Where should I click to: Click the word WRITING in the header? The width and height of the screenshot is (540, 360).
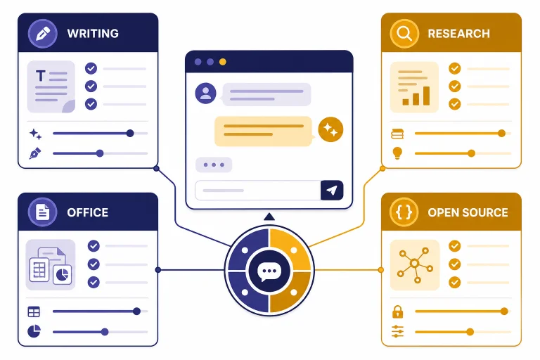pyautogui.click(x=93, y=34)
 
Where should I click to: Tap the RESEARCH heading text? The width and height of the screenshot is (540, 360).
pyautogui.click(x=458, y=34)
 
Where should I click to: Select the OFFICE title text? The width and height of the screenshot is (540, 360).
pyautogui.click(x=87, y=212)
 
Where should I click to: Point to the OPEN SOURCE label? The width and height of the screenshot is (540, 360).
pyautogui.click(x=468, y=212)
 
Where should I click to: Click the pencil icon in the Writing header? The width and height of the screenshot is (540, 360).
pyautogui.click(x=43, y=34)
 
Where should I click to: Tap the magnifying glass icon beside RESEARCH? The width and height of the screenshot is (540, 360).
pyautogui.click(x=404, y=34)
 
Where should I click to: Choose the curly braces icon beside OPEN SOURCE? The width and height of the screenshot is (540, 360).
pyautogui.click(x=404, y=212)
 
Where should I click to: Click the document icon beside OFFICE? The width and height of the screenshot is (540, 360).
pyautogui.click(x=43, y=212)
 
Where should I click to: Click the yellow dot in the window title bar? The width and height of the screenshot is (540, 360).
pyautogui.click(x=223, y=62)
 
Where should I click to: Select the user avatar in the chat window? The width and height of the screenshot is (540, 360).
pyautogui.click(x=205, y=93)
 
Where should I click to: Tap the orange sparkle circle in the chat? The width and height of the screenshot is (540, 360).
pyautogui.click(x=330, y=129)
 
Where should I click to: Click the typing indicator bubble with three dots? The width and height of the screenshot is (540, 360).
pyautogui.click(x=214, y=165)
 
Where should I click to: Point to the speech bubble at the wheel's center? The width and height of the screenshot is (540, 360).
pyautogui.click(x=269, y=271)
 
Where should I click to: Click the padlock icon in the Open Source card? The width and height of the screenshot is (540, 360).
pyautogui.click(x=397, y=311)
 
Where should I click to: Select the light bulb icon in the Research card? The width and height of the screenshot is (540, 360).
pyautogui.click(x=397, y=153)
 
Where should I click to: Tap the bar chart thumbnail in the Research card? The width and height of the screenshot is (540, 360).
pyautogui.click(x=415, y=87)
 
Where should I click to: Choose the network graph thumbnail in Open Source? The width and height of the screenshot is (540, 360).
pyautogui.click(x=415, y=265)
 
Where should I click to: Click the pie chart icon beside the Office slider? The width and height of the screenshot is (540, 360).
pyautogui.click(x=34, y=331)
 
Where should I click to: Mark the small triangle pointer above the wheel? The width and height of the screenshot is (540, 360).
pyautogui.click(x=269, y=217)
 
